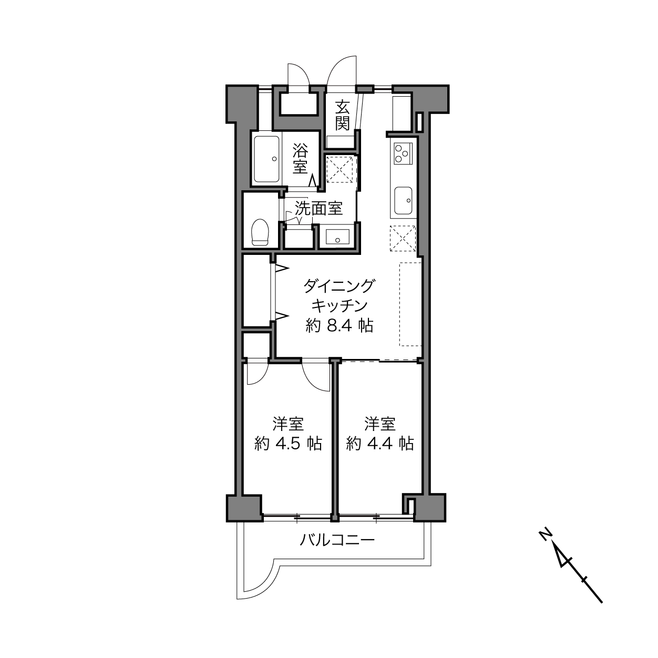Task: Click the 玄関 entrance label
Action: point(342,116)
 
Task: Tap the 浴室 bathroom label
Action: point(300,159)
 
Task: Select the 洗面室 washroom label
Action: point(318,208)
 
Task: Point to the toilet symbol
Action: point(260,232)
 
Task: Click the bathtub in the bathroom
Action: point(267,159)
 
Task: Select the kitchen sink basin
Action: point(403,200)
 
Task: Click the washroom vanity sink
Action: point(337,237)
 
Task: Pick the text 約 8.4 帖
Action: point(339,326)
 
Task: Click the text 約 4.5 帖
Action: point(288,444)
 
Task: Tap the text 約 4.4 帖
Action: point(379,444)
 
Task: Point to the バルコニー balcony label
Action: point(337,540)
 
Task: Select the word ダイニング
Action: point(339,286)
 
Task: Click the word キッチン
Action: point(339,306)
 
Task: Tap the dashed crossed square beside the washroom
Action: point(340,169)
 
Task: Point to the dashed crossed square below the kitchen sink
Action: point(403,239)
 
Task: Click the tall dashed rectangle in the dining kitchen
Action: point(410,304)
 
